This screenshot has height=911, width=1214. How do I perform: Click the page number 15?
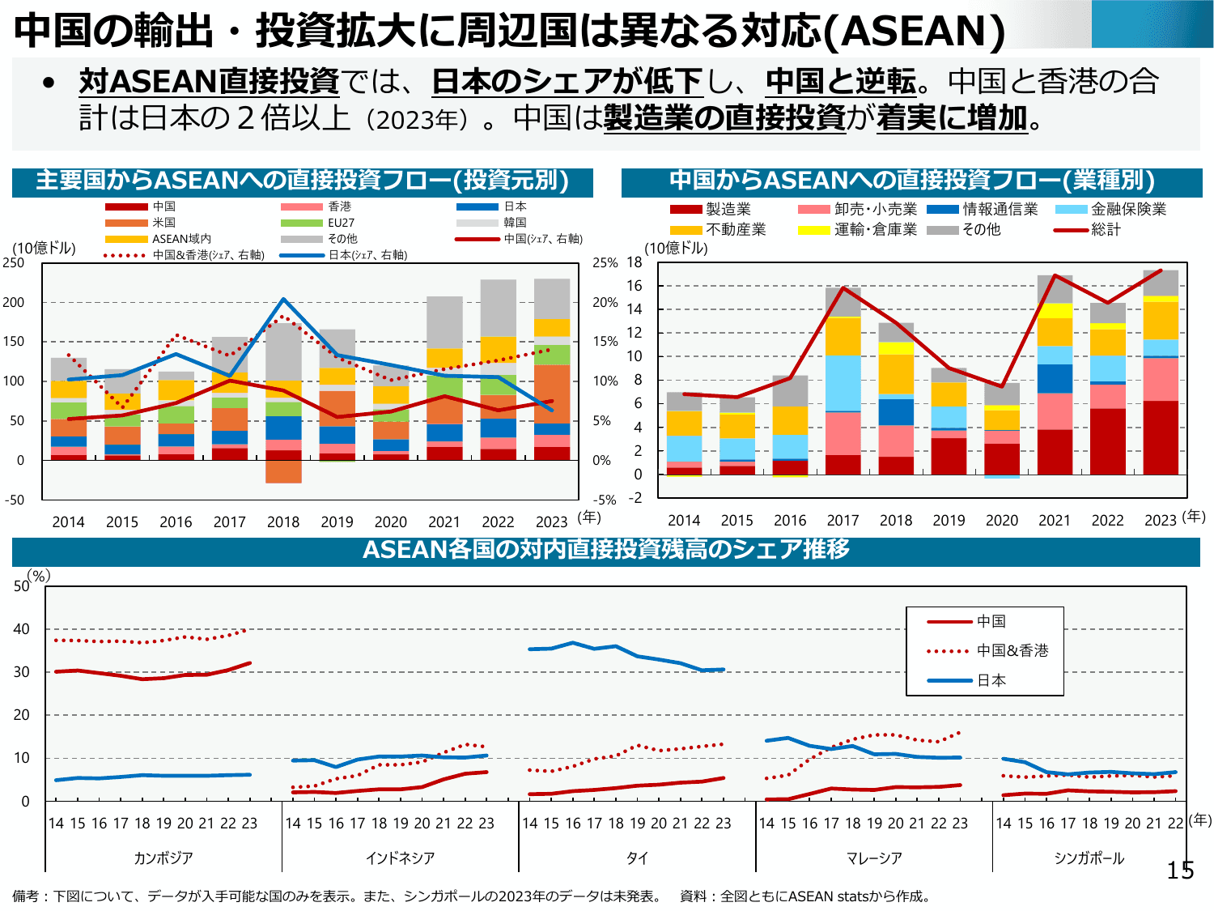click(x=1180, y=871)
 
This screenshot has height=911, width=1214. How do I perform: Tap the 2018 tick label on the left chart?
click(x=283, y=522)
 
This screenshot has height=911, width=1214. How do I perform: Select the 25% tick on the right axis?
click(x=605, y=263)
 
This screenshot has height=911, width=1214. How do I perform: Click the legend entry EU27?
click(x=341, y=223)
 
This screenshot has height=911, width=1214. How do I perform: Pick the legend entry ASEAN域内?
click(x=181, y=239)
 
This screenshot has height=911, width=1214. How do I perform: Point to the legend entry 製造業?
click(x=728, y=210)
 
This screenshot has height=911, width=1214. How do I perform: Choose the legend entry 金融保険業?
click(x=1128, y=210)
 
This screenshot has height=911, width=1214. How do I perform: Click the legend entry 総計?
click(x=1106, y=230)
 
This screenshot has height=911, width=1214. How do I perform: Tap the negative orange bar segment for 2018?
click(x=283, y=471)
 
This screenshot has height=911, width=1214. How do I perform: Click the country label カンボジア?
click(x=163, y=858)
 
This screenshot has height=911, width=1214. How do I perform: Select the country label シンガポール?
click(x=1089, y=858)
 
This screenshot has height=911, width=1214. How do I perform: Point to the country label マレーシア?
click(x=874, y=858)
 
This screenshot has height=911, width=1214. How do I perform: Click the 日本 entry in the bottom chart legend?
click(x=991, y=680)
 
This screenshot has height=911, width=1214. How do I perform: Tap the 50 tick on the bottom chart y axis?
click(x=22, y=586)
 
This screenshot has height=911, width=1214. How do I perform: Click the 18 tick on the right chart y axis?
click(x=635, y=262)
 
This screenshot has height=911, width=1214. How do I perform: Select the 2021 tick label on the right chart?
click(x=1055, y=521)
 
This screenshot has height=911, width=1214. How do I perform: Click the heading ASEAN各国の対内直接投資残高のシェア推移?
click(x=606, y=550)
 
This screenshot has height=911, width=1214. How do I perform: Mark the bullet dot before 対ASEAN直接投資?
click(x=49, y=83)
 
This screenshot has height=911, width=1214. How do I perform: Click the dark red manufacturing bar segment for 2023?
click(x=1161, y=437)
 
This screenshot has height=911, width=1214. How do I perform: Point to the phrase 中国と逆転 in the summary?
click(x=840, y=82)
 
